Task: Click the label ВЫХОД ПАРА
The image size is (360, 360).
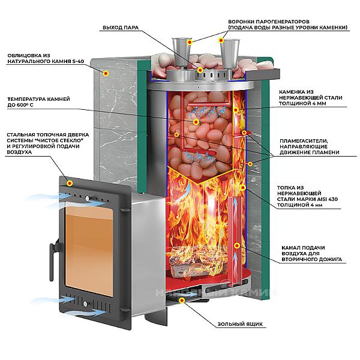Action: (121, 28)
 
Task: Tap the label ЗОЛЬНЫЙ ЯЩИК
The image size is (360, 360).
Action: (240, 324)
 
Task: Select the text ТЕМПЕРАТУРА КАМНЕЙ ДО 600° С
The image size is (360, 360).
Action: (38, 102)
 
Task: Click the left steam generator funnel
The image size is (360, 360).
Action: (182, 53)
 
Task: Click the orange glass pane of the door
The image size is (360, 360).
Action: (89, 251)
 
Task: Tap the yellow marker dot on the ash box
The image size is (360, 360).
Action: (182, 301)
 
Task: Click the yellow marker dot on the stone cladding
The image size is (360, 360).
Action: (106, 73)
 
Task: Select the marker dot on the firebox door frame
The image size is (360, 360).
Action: (70, 183)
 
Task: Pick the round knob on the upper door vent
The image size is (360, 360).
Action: (87, 198)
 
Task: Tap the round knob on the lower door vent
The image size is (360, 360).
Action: (85, 304)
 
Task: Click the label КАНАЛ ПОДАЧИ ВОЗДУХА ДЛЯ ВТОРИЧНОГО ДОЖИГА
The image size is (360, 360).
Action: (311, 253)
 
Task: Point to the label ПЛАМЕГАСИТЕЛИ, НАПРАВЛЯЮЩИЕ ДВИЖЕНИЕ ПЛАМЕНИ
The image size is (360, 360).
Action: (309, 146)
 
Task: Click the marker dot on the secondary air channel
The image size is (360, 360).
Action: (237, 246)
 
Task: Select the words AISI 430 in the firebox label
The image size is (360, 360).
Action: (328, 199)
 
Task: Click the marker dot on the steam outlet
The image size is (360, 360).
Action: (200, 70)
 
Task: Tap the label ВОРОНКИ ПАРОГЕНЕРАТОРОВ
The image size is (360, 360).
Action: (269, 22)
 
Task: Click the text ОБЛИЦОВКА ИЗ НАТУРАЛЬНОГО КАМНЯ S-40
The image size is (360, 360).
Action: (46, 58)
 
